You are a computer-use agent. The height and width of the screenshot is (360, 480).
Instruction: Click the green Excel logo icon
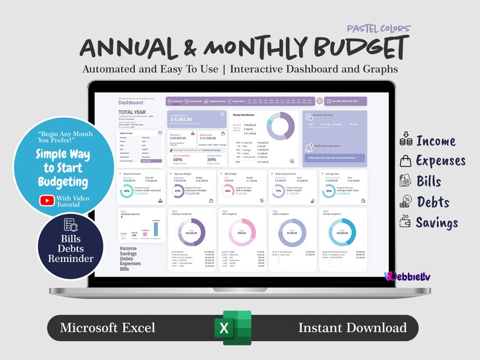pos(233,328)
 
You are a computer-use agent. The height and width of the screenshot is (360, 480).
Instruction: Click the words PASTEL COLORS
pos(379,28)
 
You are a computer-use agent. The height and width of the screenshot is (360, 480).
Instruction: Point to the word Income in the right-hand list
pos(435,141)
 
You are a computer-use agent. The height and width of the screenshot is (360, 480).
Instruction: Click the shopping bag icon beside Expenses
pos(406,161)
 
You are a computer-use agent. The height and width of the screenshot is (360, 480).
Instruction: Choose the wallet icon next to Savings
pos(406,222)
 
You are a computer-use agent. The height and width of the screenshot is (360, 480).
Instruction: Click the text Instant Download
pos(352,328)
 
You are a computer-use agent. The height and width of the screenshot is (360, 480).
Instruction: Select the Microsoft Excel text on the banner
pos(108,328)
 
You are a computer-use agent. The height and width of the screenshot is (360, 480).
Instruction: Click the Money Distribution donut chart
pos(281,126)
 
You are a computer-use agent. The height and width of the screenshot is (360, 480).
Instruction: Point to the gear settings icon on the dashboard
pos(319,101)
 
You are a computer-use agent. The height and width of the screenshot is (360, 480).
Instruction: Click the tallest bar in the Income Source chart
pos(155,229)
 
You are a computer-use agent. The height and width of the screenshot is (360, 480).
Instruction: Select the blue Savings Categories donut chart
pos(342,232)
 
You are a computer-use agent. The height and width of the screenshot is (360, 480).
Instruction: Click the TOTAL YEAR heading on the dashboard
pos(132,112)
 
